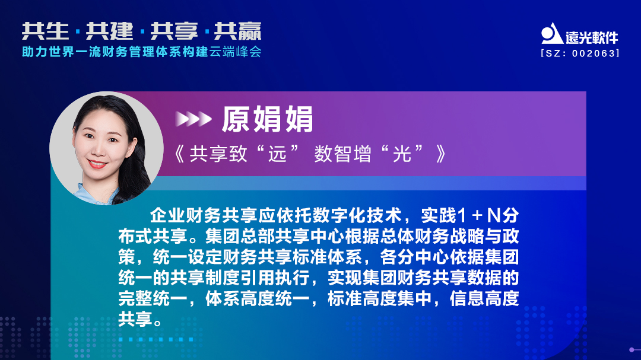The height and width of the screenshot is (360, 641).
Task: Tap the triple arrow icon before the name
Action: point(193,119)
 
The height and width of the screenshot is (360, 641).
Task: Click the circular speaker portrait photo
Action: point(106,148)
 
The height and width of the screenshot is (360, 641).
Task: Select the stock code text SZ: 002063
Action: point(580,53)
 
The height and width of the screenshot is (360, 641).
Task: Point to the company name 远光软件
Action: point(592,37)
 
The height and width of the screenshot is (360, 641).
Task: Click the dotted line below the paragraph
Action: point(156,340)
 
